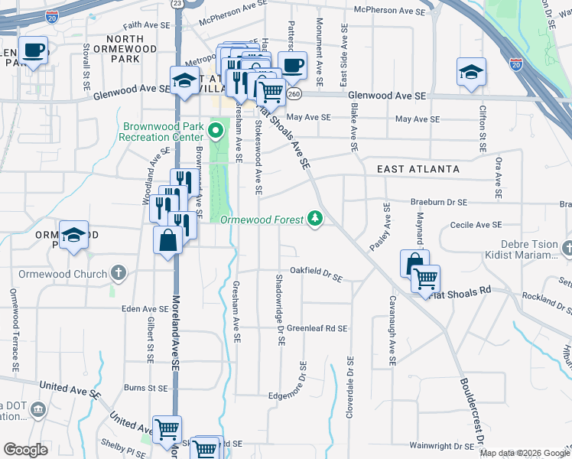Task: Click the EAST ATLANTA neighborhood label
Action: pos(418,169)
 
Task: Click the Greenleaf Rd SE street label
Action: pos(317,327)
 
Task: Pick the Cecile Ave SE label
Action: pos(476,225)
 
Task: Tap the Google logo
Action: pos(24,450)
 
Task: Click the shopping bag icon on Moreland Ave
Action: pos(167,241)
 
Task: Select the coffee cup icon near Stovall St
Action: pos(33,50)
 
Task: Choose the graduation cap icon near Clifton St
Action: pos(471,73)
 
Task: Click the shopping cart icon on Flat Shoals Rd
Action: pos(425,278)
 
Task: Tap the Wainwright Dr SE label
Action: pos(442,445)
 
